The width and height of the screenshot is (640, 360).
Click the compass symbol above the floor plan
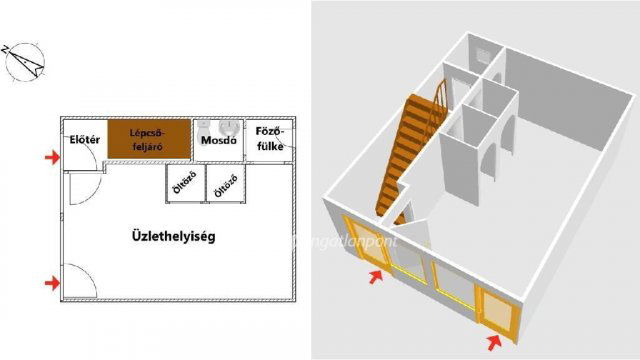coord(28,64)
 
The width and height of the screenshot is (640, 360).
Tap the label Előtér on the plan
coord(82,140)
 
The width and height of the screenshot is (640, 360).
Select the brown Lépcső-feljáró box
coord(149,139)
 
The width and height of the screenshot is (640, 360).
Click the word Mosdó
coord(217,141)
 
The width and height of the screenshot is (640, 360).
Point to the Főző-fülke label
coord(270,139)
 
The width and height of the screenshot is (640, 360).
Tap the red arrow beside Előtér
coord(52,157)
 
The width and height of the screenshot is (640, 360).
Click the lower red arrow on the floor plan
coord(52,284)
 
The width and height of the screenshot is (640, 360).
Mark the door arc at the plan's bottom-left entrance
coord(80,281)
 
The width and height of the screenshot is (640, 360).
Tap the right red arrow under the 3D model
coord(494,343)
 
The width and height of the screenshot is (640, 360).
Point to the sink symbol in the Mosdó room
coord(229,127)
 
